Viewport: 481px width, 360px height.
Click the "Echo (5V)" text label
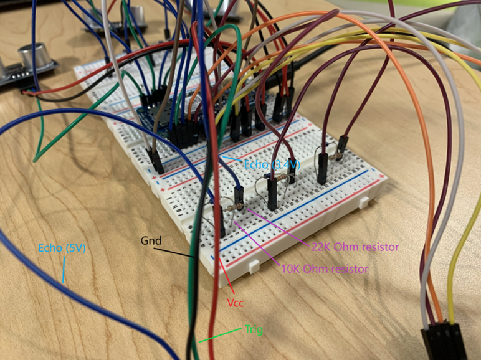(61, 247)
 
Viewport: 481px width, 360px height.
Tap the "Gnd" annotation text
(151, 240)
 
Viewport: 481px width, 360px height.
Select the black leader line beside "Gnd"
(180, 250)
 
